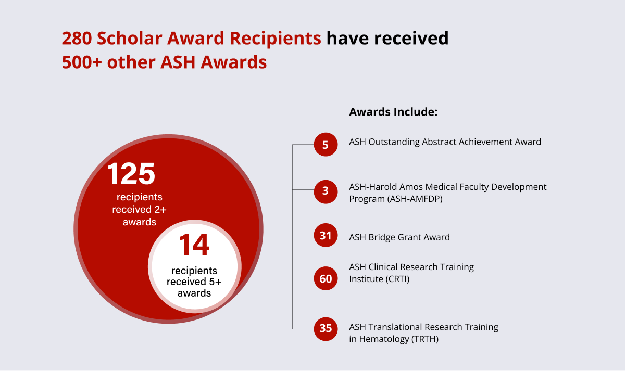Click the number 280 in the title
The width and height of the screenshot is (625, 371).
[x=77, y=39]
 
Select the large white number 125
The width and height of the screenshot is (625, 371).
[x=132, y=174]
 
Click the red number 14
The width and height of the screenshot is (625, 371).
[x=194, y=246]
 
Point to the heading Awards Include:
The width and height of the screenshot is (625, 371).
[x=393, y=112]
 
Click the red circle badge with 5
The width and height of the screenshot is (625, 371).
[x=326, y=144]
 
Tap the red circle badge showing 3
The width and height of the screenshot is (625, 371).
[x=326, y=190]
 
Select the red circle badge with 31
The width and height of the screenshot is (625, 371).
[x=326, y=235]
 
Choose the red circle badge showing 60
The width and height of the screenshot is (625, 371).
[x=326, y=279]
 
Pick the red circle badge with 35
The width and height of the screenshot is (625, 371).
[x=326, y=328]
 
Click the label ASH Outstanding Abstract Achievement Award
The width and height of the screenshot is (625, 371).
[x=445, y=142]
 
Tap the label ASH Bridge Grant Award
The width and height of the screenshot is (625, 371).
[x=399, y=237]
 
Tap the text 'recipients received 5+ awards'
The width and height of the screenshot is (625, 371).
[x=194, y=282]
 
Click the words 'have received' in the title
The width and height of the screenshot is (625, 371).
[x=387, y=39]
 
